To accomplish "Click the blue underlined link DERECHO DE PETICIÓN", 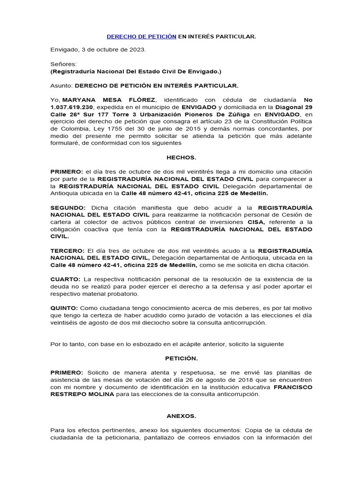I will click(x=142, y=36).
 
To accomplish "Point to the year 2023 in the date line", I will click(x=138, y=50).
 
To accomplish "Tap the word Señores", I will click(x=63, y=63).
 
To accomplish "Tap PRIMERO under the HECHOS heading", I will click(x=67, y=171).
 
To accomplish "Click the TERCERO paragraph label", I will click(x=67, y=250).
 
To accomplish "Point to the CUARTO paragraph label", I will click(x=65, y=279).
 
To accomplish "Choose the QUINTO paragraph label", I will click(x=65, y=308).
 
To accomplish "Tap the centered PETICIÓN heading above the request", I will click(x=181, y=358).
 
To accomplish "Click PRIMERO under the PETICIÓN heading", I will click(x=67, y=373).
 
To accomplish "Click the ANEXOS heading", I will click(x=181, y=416).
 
